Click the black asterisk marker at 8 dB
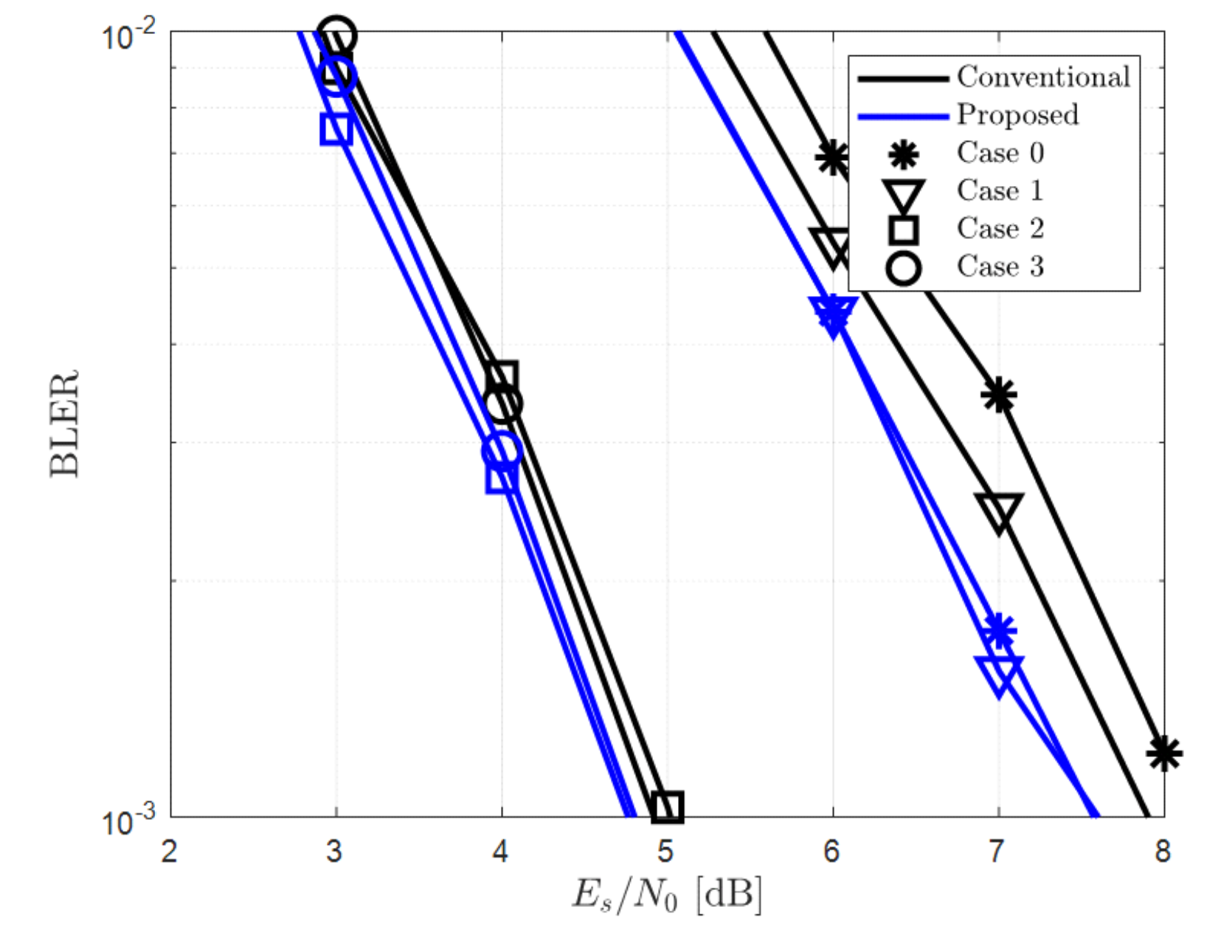point(1163,753)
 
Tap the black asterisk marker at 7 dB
point(999,395)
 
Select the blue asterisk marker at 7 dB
point(999,630)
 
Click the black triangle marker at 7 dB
point(999,511)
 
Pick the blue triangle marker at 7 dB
point(999,674)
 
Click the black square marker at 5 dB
point(668,807)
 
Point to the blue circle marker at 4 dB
point(502,450)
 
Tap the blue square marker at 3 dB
point(336,129)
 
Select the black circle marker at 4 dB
point(502,404)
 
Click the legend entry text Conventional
point(1043,77)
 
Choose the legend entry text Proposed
point(1017,114)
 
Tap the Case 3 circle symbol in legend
point(904,267)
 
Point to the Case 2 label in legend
point(1000,229)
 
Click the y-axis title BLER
point(64,424)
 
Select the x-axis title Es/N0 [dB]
point(666,896)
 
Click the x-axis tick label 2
point(170,851)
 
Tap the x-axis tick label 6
point(831,851)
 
